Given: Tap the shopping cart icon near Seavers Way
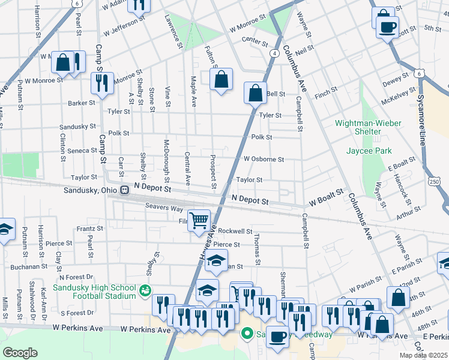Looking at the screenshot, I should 199,220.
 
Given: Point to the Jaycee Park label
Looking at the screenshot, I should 367,150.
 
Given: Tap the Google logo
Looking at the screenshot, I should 20,352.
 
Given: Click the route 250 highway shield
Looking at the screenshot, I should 444,181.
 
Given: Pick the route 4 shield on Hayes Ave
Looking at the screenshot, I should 274,53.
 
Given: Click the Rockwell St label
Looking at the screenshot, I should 235,231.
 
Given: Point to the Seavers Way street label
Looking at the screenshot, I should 163,208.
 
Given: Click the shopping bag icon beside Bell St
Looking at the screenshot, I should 255,94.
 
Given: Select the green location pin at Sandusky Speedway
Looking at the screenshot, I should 247,333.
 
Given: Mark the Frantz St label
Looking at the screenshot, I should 90,229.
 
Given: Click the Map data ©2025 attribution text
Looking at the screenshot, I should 423,355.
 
